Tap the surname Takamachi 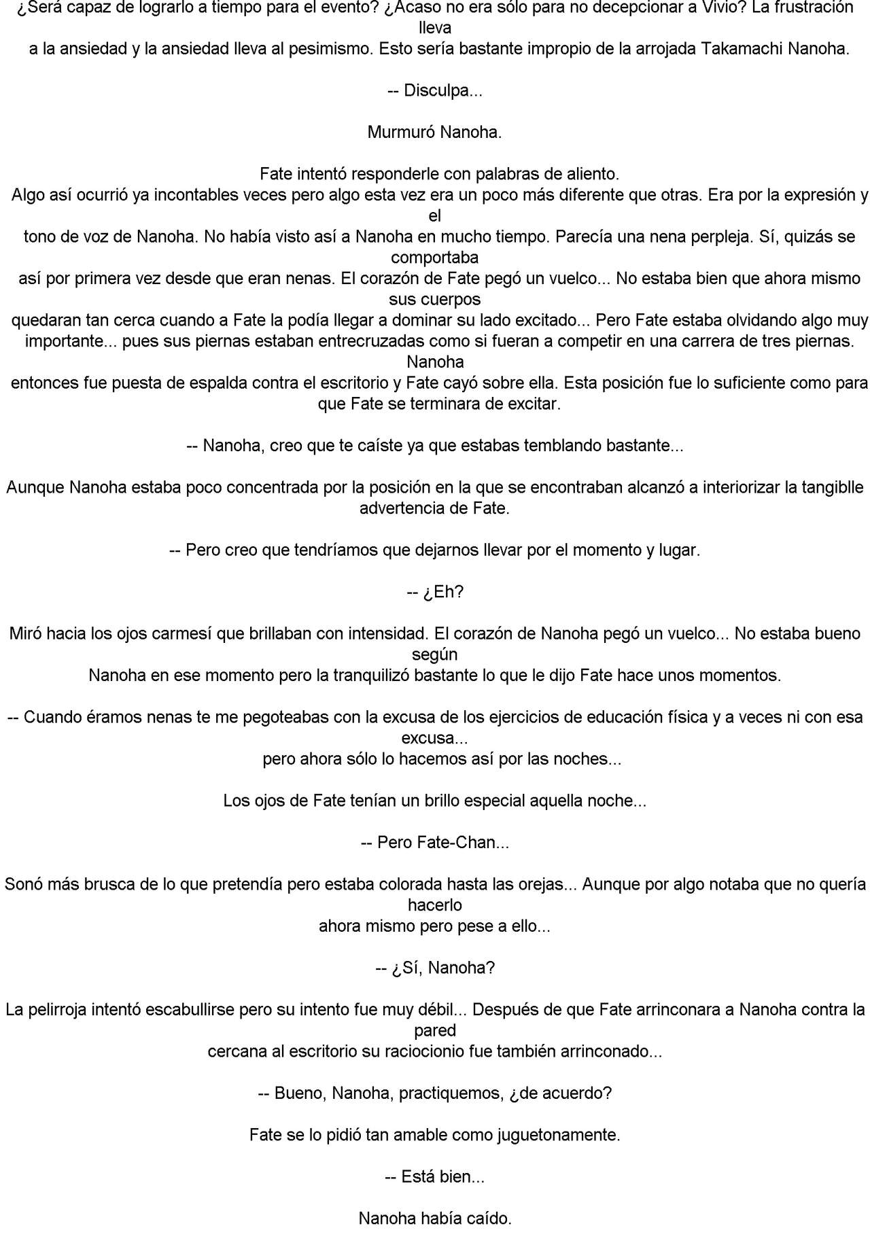(748, 49)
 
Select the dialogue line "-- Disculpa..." (434, 90)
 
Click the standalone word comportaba (434, 258)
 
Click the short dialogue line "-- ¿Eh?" (434, 591)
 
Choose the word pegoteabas (290, 716)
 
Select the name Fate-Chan (454, 842)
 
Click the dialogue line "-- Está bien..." (434, 1176)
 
